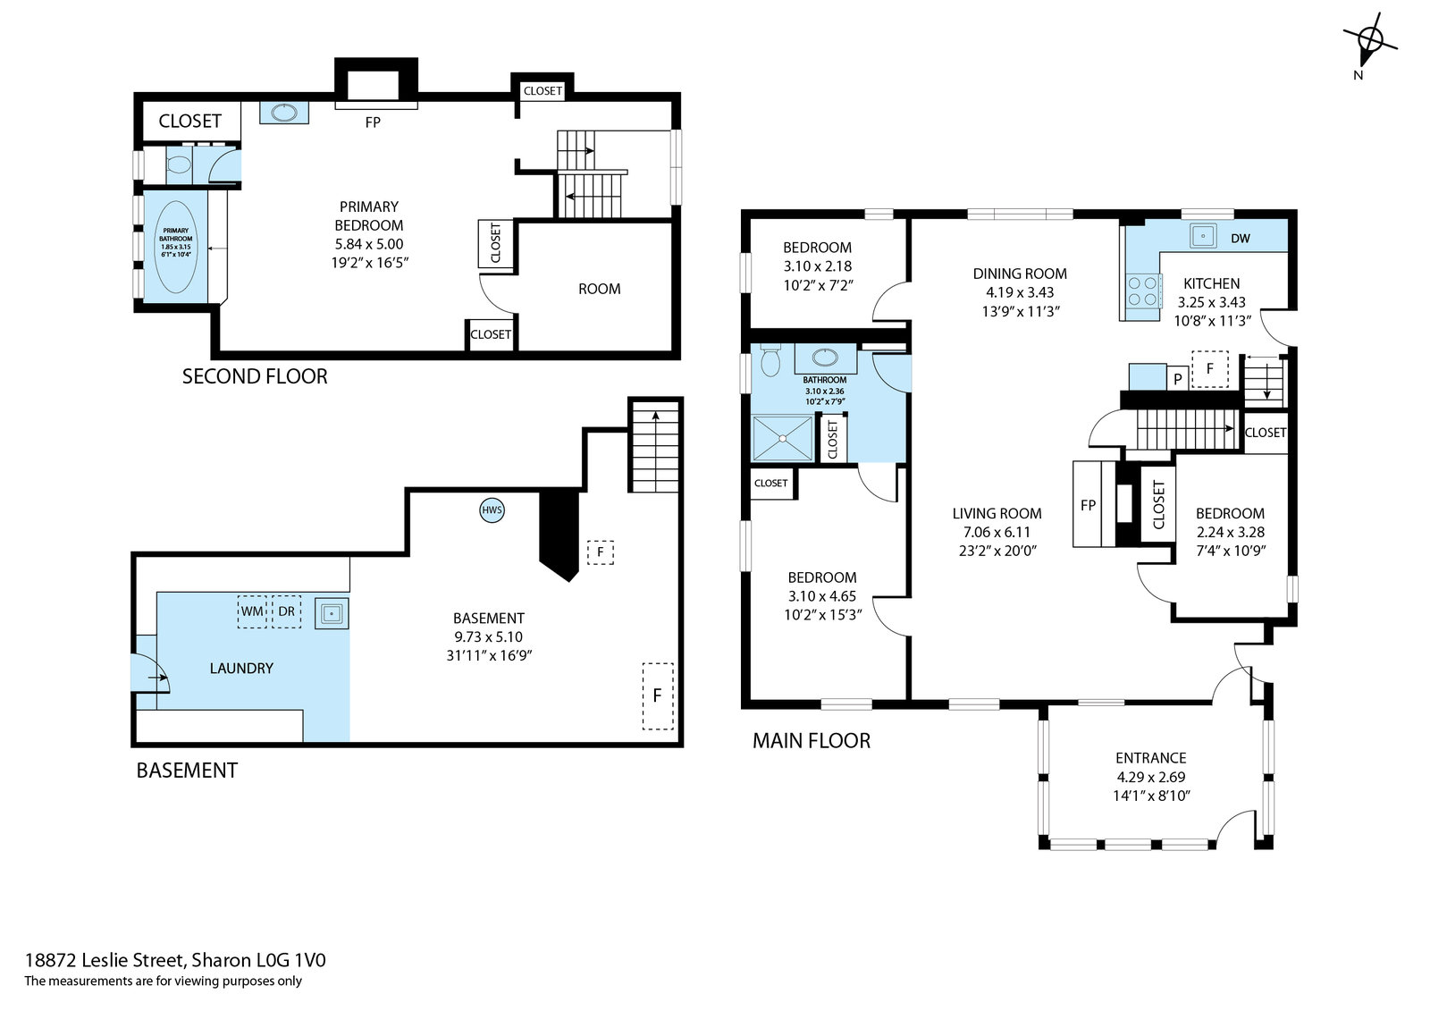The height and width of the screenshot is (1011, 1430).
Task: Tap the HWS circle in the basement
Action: tap(492, 510)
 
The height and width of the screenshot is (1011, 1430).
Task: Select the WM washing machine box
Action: tap(252, 611)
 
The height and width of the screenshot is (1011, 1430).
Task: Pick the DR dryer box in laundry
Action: tap(287, 611)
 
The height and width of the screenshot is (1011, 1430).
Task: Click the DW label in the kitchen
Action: tap(1240, 239)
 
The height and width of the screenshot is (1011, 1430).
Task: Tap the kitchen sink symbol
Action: tap(1203, 236)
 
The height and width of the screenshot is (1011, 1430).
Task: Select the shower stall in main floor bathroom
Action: tap(783, 438)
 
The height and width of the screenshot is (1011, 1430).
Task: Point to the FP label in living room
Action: tap(1088, 505)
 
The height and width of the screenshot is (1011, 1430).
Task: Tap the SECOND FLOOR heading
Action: tap(255, 376)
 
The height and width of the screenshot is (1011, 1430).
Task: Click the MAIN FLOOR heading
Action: tap(812, 740)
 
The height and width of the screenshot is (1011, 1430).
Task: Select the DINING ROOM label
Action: tap(1020, 274)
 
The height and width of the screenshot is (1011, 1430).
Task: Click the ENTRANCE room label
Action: tap(1150, 758)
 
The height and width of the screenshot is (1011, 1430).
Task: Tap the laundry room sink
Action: tap(332, 614)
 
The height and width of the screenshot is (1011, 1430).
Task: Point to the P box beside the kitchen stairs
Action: tap(1177, 379)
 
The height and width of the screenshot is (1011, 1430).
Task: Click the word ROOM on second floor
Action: tap(599, 290)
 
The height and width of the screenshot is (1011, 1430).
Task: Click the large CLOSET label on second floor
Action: tap(189, 122)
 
